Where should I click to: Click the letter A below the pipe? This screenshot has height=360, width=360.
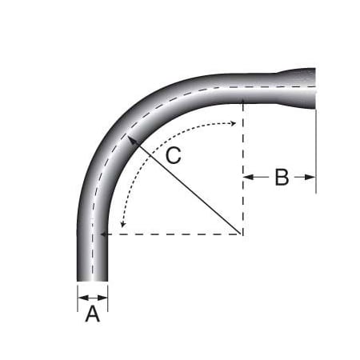click(x=92, y=314)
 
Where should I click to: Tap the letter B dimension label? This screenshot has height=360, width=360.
click(x=281, y=178)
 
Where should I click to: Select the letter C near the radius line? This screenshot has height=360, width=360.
click(x=174, y=155)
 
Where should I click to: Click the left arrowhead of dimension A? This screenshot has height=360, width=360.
click(x=80, y=297)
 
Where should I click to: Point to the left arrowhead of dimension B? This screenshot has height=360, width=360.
click(x=246, y=178)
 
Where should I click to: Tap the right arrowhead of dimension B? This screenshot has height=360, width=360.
click(x=312, y=178)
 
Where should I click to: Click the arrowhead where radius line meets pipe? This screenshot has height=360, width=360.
click(x=129, y=138)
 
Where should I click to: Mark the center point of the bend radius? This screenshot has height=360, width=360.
click(x=242, y=234)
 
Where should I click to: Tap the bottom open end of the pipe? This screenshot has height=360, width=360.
click(x=92, y=281)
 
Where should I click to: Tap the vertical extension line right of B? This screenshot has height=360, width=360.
click(x=316, y=152)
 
